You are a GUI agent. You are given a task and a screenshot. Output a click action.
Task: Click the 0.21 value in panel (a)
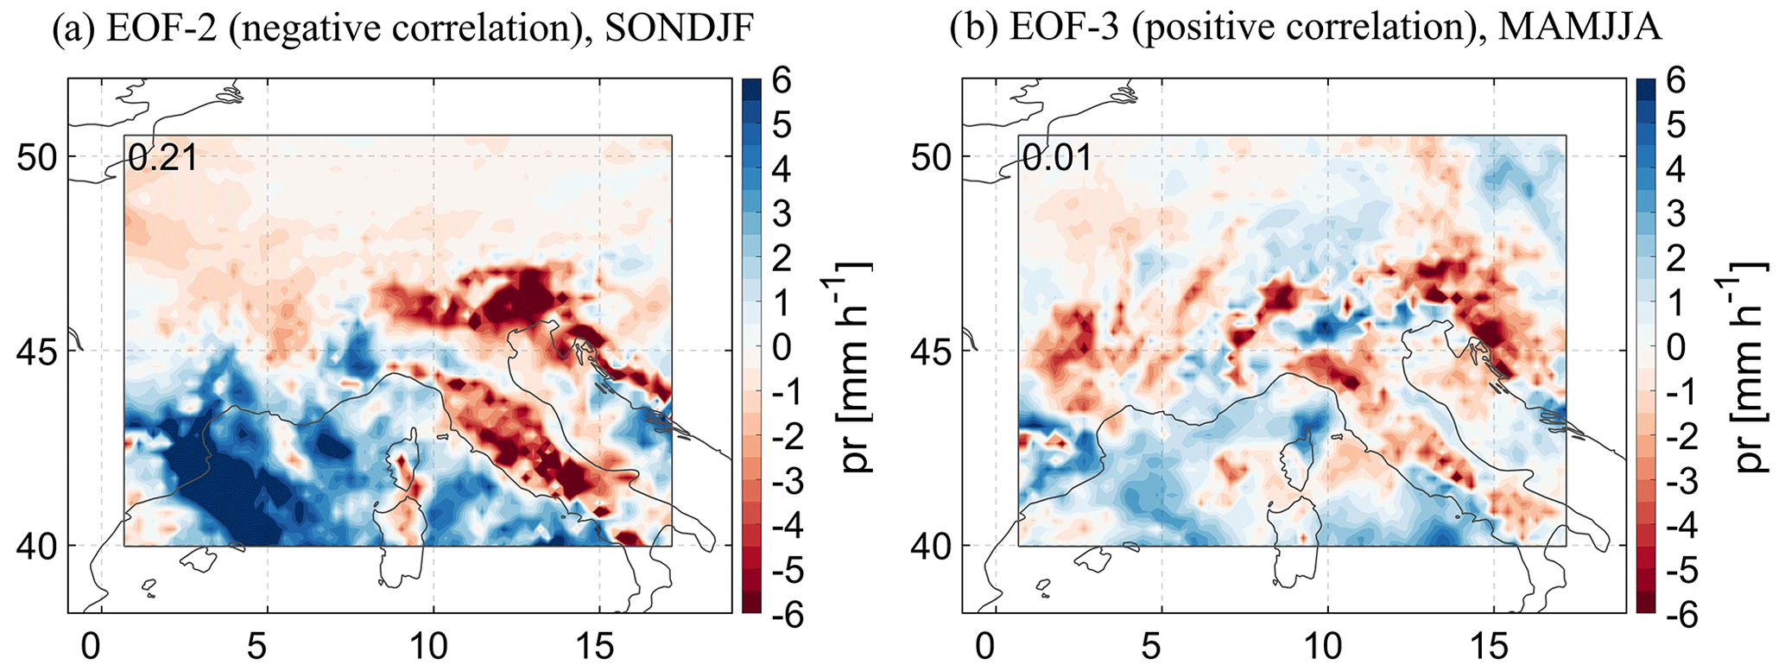click(x=163, y=158)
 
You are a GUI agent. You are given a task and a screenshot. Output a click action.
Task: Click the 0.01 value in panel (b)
click(x=1058, y=158)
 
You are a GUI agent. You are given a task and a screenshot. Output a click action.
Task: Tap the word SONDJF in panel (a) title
click(x=680, y=29)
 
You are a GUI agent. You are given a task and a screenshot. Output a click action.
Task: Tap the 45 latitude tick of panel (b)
click(x=930, y=351)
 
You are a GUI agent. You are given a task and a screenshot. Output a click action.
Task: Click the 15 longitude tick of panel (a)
click(x=599, y=646)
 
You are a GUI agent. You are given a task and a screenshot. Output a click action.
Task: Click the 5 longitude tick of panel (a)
click(x=268, y=646)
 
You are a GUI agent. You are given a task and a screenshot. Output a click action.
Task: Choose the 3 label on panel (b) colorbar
click(x=1676, y=215)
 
